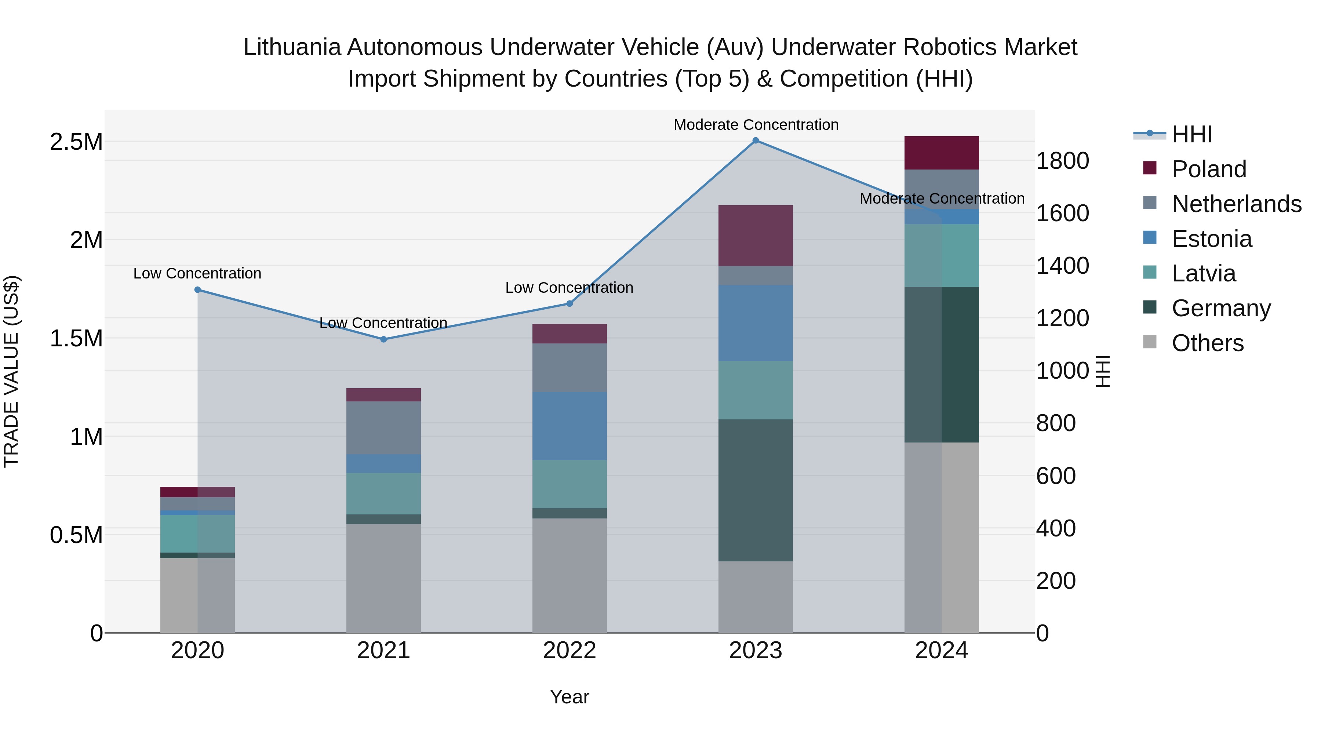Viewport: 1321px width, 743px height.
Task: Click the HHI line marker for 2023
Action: [756, 141]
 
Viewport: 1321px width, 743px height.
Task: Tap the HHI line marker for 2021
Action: [383, 339]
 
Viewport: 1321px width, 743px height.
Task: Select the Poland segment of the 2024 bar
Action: [942, 153]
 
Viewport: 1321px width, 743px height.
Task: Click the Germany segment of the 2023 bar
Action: [756, 490]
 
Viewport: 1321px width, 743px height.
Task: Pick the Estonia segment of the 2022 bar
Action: [569, 426]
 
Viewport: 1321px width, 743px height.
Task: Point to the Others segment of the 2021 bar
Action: [383, 578]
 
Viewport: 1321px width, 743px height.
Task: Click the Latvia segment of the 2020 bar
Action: [197, 534]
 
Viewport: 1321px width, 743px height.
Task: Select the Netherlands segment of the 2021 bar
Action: [383, 428]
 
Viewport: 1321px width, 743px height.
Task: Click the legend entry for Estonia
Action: [1211, 239]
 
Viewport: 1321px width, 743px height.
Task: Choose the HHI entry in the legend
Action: [1192, 134]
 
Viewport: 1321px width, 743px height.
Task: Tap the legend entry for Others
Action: [1207, 343]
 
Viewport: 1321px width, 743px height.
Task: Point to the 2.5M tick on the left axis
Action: [76, 142]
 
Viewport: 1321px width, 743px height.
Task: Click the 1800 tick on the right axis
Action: [1062, 160]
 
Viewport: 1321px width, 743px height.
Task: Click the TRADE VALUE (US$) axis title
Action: [11, 371]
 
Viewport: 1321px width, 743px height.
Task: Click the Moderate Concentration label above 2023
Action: [756, 125]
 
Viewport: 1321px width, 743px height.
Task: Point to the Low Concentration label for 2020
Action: [197, 273]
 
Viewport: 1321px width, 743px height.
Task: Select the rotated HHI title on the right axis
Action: [1103, 371]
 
